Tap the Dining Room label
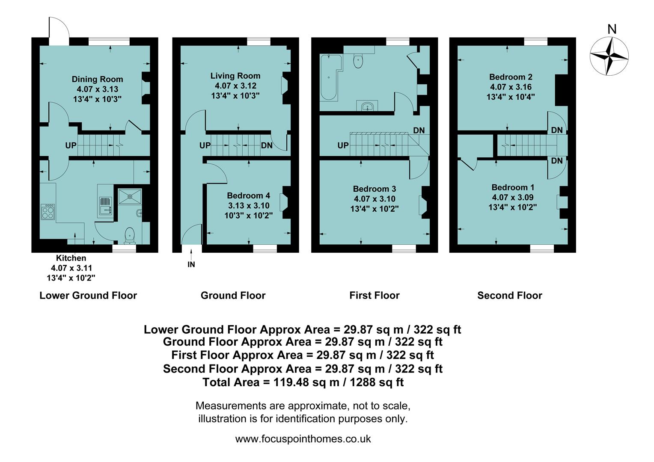tap(97, 79)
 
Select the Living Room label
tap(235, 76)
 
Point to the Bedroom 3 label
tap(374, 189)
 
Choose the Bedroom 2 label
tap(511, 77)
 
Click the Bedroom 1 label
tap(512, 187)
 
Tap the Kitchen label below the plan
tap(71, 258)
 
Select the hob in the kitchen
tap(48, 212)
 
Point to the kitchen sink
tap(105, 206)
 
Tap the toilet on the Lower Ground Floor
tap(130, 234)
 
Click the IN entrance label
tap(191, 264)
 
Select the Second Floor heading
tap(509, 296)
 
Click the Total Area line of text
tap(303, 382)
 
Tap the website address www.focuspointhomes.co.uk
tap(303, 439)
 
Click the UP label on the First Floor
tap(343, 145)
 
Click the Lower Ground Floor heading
tap(88, 296)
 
